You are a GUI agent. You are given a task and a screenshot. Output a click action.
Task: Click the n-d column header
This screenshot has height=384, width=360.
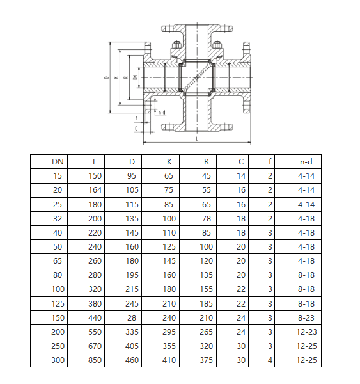(306, 162)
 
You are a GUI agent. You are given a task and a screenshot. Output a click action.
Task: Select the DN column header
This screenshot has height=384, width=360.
(58, 162)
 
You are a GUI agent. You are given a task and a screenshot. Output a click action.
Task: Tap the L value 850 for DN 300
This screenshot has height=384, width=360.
(95, 360)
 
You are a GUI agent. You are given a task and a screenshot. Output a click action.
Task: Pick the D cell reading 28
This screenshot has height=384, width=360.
(132, 317)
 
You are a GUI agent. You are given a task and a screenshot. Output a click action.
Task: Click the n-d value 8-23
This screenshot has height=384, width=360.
(306, 317)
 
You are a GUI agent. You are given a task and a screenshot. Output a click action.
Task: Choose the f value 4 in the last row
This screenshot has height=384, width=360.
(270, 360)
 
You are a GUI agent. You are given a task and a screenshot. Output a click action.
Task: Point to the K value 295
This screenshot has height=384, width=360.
(169, 332)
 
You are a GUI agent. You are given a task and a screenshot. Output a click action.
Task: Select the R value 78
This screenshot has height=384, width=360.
(207, 218)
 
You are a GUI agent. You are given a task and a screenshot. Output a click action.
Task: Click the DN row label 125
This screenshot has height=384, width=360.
(58, 303)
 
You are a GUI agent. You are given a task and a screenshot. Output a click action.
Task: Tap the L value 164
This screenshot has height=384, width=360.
(95, 190)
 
